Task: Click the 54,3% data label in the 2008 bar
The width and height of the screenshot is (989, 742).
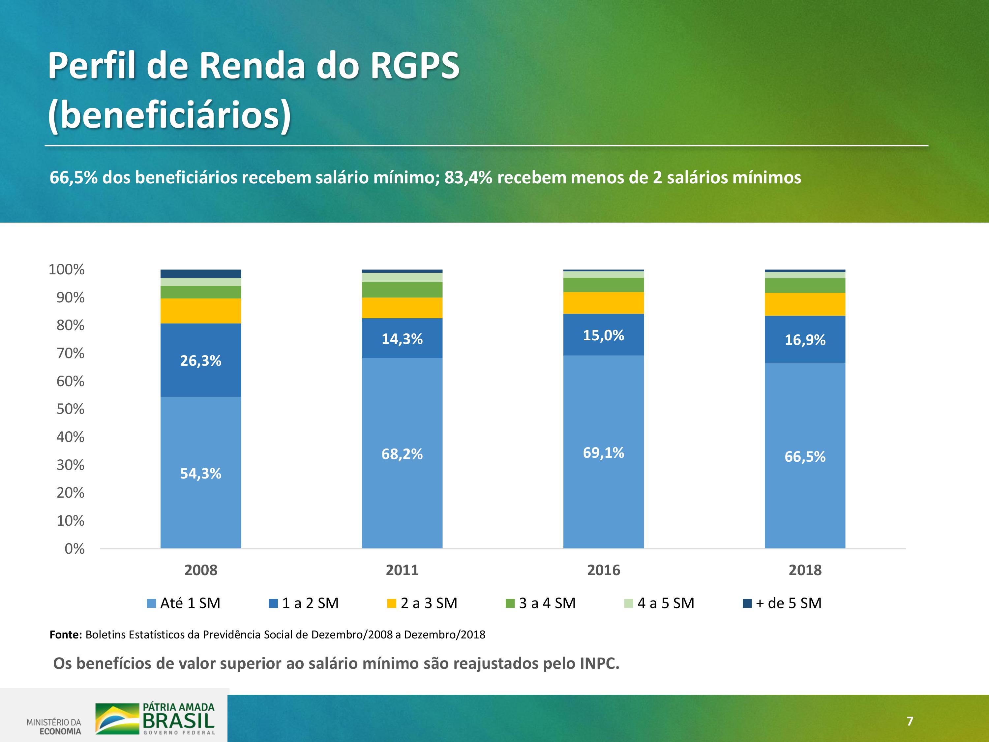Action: pos(200,474)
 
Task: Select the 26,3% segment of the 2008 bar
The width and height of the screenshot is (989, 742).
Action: pos(200,360)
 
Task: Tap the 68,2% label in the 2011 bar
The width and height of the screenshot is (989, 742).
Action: pos(402,454)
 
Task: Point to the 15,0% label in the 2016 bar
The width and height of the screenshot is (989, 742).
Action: pos(603,335)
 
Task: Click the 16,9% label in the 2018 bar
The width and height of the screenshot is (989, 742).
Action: pos(805,340)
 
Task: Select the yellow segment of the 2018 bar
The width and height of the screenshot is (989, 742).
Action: pos(805,305)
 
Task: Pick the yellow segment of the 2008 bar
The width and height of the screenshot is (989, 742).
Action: pos(200,311)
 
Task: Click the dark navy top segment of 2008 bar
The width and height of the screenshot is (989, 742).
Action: pos(200,274)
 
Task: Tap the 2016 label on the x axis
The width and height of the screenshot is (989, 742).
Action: pos(603,570)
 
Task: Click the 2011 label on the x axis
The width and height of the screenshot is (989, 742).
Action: pos(402,570)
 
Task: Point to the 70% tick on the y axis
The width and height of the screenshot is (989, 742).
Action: pos(70,353)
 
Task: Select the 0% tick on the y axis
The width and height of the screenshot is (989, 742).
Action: pos(74,549)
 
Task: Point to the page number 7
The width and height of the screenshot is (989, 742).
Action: pos(910,721)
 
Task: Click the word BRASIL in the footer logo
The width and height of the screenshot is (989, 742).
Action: pos(178,721)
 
